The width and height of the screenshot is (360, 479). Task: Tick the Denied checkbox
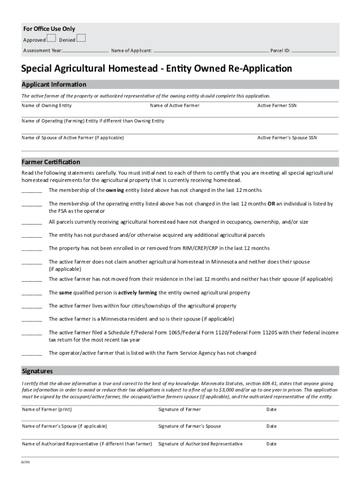[x=81, y=38]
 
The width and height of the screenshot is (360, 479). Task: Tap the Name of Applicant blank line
[x=211, y=51]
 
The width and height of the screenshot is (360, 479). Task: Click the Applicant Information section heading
[x=54, y=85]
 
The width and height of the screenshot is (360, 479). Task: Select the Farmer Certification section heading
[x=50, y=162]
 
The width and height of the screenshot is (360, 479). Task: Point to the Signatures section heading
[x=37, y=371]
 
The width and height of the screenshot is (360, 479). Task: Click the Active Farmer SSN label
[x=277, y=106]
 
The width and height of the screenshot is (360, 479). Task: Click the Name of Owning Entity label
[x=47, y=106]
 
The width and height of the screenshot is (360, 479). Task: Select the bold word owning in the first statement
[x=115, y=190]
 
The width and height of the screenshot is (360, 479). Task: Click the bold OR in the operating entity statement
[x=271, y=204]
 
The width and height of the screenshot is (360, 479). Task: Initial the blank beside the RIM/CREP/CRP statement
[x=32, y=248]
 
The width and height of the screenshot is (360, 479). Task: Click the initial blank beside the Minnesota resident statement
[x=32, y=319]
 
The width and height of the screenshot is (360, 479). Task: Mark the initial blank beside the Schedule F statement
[x=32, y=333]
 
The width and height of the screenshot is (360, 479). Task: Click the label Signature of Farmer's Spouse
[x=190, y=427]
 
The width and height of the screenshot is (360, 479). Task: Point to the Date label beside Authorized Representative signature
[x=272, y=444]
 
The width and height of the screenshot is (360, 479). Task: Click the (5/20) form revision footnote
[x=25, y=462]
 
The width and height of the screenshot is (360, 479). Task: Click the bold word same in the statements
[x=65, y=293]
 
